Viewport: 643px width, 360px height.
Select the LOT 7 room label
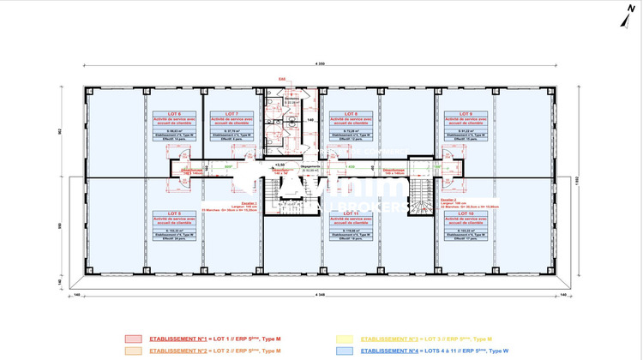(231, 114)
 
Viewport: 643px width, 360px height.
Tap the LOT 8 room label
(349, 114)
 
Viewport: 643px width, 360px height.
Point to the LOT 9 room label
(465, 114)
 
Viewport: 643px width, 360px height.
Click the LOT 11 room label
(349, 213)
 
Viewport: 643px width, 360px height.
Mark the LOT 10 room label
(465, 213)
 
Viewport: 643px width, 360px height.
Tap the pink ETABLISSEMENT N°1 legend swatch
(132, 339)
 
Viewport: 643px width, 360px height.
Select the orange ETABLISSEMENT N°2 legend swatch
(132, 350)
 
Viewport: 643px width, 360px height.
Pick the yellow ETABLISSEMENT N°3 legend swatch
(344, 339)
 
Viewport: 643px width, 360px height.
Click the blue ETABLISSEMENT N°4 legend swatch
(344, 350)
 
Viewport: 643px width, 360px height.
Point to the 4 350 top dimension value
(321, 64)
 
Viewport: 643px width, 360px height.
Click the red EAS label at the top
(282, 78)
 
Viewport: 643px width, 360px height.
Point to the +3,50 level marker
(279, 164)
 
